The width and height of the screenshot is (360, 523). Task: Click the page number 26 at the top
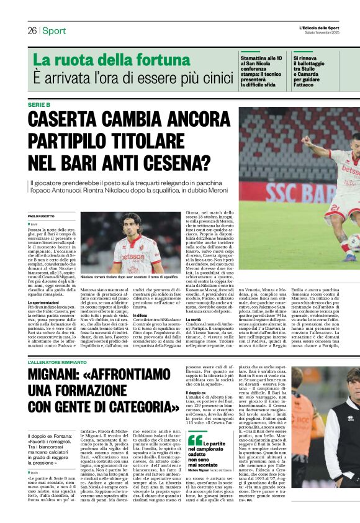(x=32, y=31)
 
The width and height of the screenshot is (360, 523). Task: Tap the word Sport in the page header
(x=54, y=31)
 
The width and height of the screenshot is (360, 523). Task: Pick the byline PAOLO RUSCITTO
(x=42, y=216)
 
